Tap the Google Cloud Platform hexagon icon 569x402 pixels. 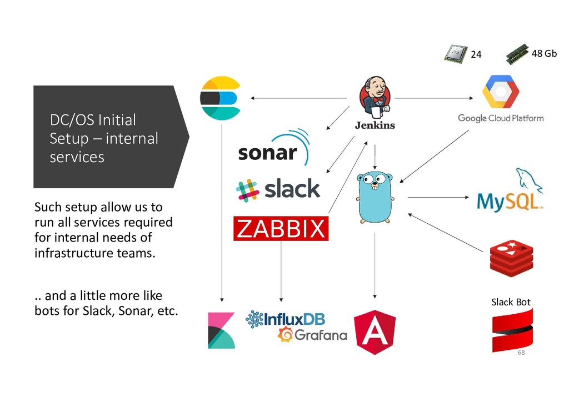coord(501,92)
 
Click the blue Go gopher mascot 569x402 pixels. coord(375,197)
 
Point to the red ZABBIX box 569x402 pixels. coord(281,228)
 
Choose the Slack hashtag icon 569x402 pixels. coord(247,190)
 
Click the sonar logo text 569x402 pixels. coord(267,153)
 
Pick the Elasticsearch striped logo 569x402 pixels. coord(221,98)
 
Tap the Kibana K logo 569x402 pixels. coord(221,330)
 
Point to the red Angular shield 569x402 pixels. coord(375,332)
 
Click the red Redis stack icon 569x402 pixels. coord(512,258)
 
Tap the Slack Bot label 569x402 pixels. coord(511,302)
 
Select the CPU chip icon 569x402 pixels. coord(456,54)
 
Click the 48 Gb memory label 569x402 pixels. coord(544,53)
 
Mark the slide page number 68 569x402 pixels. coord(521,353)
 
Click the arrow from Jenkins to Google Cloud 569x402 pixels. coord(433,98)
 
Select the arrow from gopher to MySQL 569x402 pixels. coord(438,197)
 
